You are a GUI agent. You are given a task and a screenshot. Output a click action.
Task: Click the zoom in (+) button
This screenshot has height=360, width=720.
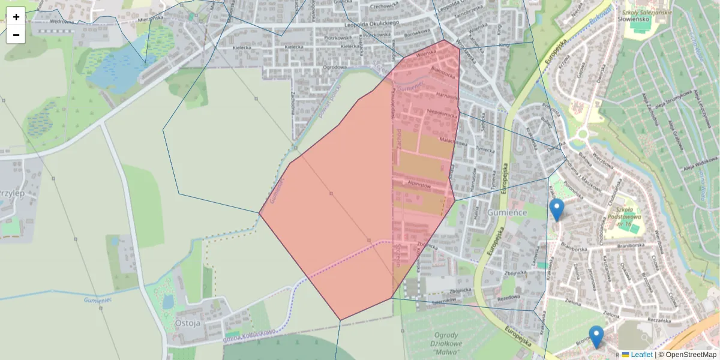[16, 16]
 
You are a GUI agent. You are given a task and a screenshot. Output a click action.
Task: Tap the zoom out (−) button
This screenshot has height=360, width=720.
[16, 35]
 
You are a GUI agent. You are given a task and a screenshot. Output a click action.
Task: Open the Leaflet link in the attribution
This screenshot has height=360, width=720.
[641, 355]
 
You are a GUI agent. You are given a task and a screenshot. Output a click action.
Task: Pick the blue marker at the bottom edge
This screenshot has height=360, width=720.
[596, 337]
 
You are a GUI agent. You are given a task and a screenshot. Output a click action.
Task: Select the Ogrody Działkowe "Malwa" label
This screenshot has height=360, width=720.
[445, 344]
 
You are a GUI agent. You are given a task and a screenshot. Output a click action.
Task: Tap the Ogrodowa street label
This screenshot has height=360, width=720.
[335, 67]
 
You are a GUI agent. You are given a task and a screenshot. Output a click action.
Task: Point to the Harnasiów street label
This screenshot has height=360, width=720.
[447, 96]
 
